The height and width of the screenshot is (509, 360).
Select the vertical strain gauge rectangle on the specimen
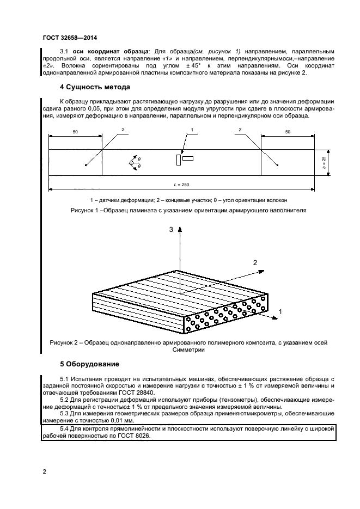(x=178, y=160)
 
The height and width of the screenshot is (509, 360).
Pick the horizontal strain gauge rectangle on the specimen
(x=188, y=158)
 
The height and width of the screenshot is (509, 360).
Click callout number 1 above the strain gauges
(x=192, y=130)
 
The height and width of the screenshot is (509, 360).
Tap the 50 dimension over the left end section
(x=75, y=132)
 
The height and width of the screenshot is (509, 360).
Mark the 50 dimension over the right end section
(x=288, y=132)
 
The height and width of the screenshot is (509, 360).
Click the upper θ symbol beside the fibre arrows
(x=139, y=158)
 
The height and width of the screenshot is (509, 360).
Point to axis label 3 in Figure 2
(x=171, y=230)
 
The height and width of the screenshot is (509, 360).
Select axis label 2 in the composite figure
(x=254, y=262)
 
